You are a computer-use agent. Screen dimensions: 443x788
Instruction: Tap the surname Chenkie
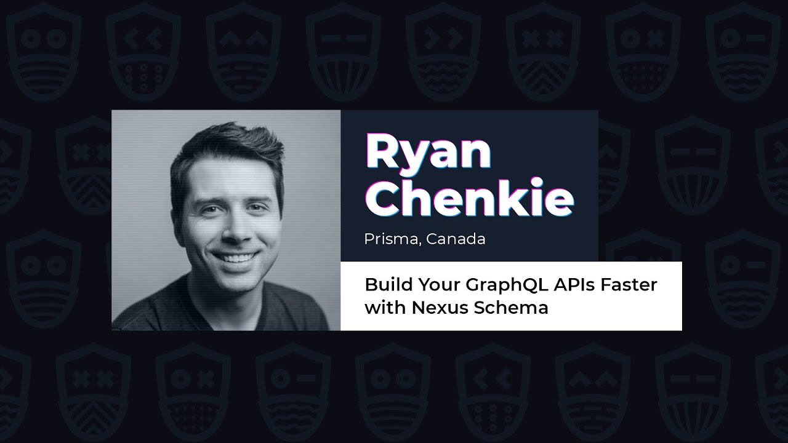point(469,199)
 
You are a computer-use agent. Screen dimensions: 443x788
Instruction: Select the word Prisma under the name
point(390,239)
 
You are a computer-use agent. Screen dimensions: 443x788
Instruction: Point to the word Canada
point(456,239)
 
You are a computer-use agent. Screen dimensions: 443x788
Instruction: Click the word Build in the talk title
point(384,285)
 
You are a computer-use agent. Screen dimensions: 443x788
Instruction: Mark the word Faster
point(633,285)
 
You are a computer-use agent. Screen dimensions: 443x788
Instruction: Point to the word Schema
point(510,307)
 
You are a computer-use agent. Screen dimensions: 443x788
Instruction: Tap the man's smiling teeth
point(235,257)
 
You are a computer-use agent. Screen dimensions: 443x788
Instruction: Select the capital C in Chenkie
point(385,199)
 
